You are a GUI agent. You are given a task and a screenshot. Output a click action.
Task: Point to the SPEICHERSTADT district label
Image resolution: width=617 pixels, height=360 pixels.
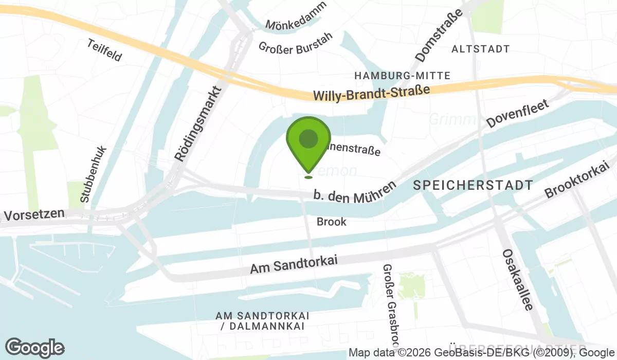pyautogui.click(x=473, y=186)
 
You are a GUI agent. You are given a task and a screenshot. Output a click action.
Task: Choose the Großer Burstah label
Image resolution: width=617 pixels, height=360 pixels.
pyautogui.click(x=296, y=43)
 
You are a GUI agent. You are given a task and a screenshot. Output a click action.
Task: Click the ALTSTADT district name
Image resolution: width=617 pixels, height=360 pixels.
pyautogui.click(x=480, y=49)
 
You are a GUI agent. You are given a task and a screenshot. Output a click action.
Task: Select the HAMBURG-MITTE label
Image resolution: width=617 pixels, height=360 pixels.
pyautogui.click(x=403, y=76)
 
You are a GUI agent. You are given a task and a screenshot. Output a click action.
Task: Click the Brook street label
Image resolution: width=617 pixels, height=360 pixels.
pyautogui.click(x=332, y=222)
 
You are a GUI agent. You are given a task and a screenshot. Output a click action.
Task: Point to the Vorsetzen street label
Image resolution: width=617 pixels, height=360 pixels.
pyautogui.click(x=34, y=213)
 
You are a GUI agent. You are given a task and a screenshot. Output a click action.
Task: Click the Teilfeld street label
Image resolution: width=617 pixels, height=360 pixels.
pyautogui.click(x=104, y=50)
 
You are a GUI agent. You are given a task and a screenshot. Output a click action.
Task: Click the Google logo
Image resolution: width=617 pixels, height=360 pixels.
pyautogui.click(x=34, y=348)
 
